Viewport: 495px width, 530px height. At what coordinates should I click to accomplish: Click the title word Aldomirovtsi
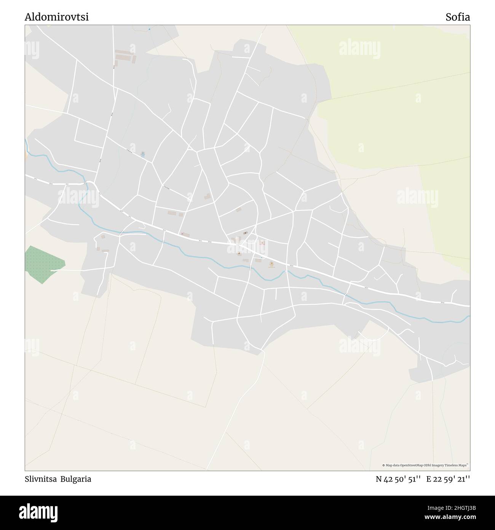[57, 17]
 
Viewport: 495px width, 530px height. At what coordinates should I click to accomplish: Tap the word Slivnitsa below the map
[40, 479]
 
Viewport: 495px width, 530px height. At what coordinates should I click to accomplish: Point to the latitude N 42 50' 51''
[398, 479]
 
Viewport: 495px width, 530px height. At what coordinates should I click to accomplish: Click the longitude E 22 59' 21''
[448, 479]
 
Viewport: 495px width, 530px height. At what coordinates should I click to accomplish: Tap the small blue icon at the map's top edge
[150, 29]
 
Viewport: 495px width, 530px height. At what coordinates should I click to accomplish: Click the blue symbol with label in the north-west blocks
[143, 154]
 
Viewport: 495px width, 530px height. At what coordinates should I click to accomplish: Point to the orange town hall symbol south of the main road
[271, 264]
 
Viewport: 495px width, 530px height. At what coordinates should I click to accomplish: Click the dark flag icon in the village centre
[246, 233]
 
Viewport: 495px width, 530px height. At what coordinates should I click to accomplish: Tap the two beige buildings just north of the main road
[175, 214]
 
